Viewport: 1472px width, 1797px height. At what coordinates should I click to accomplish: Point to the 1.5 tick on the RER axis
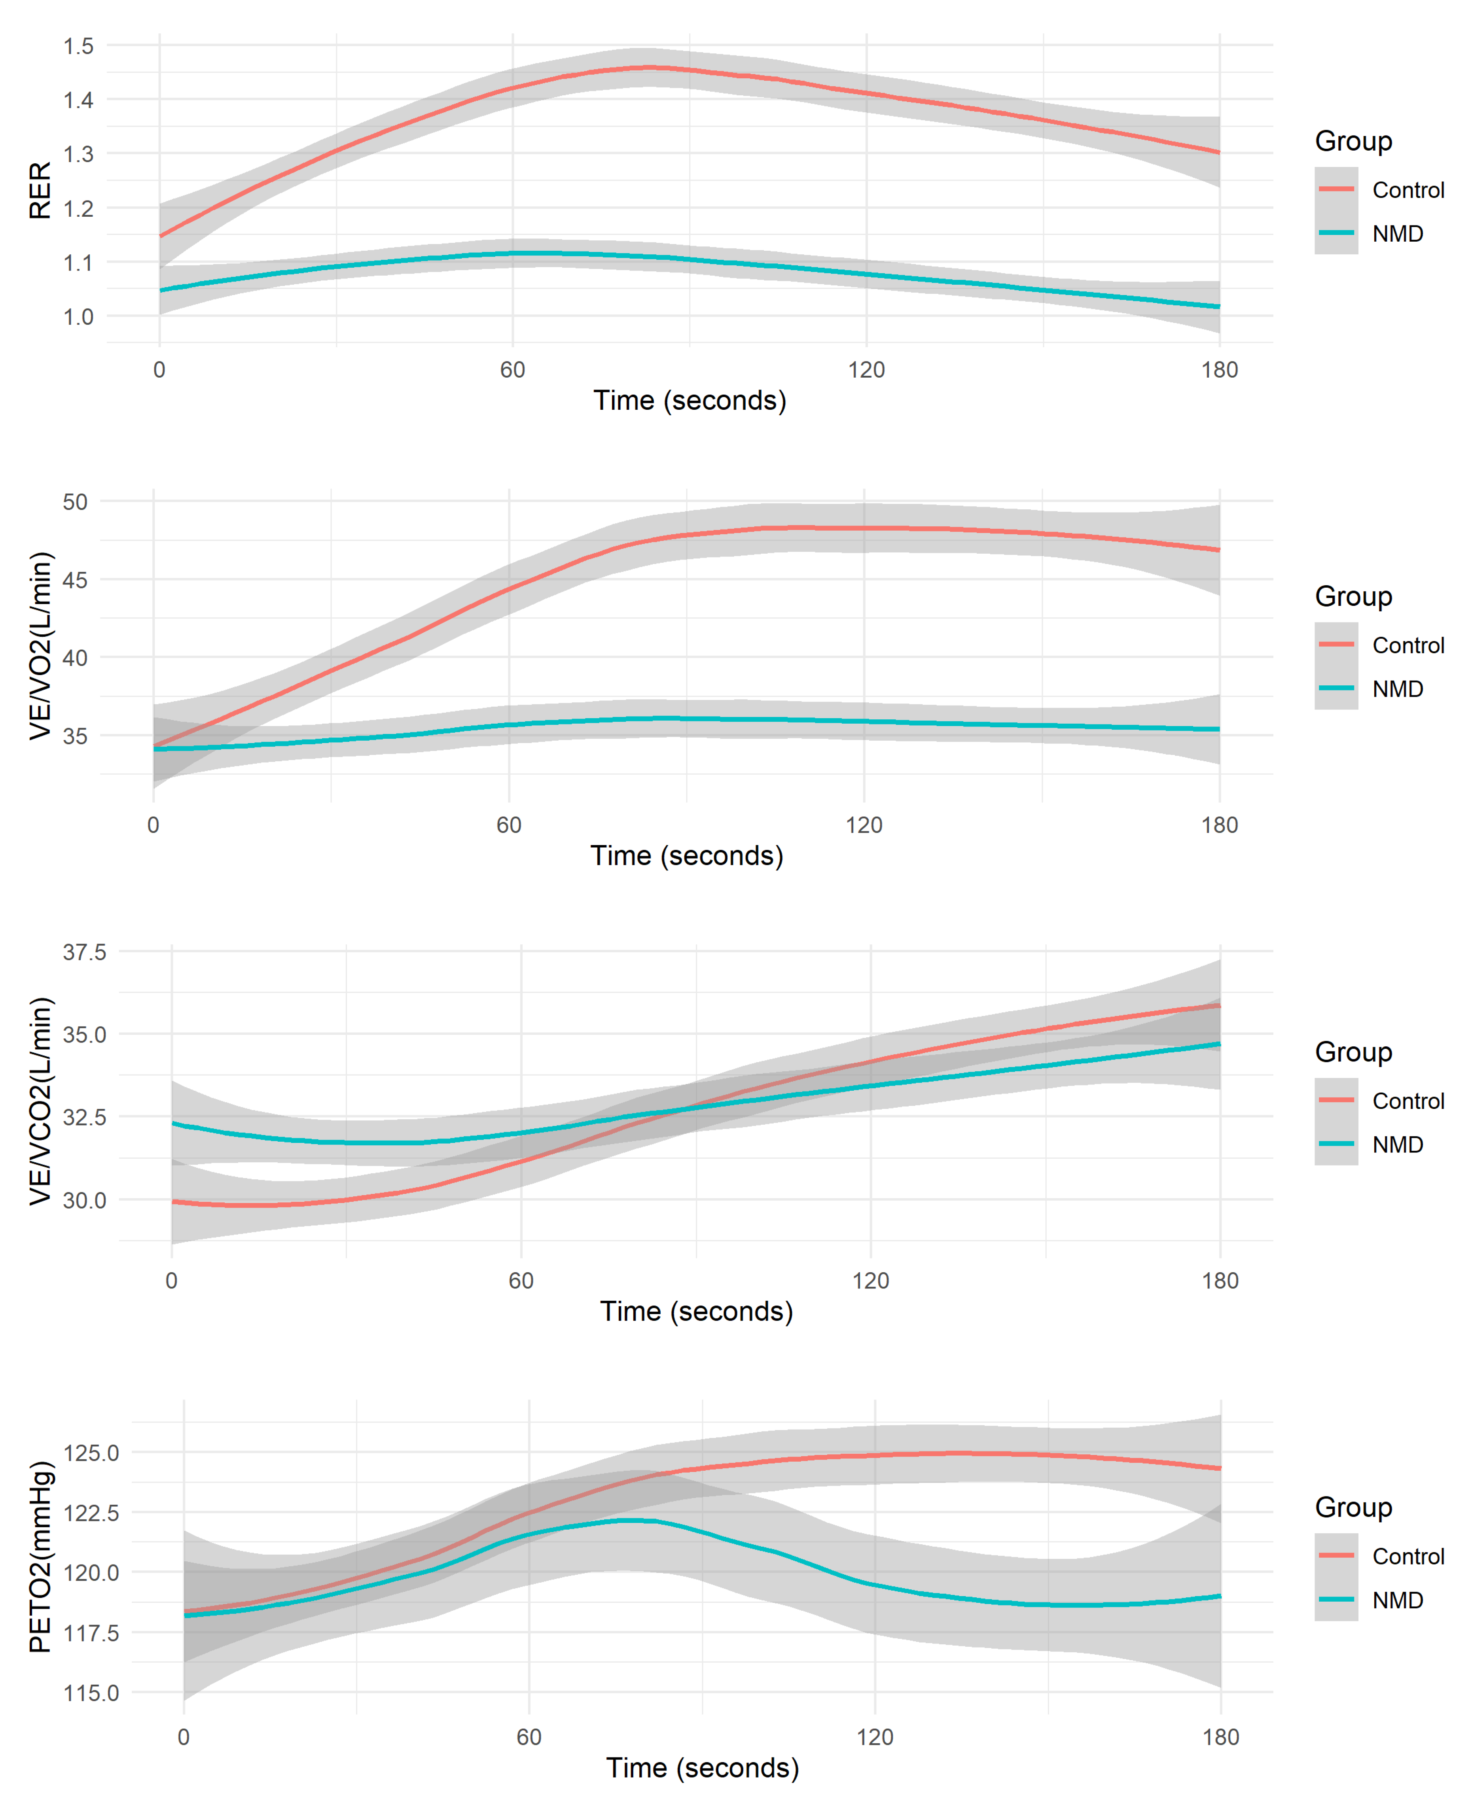(x=78, y=46)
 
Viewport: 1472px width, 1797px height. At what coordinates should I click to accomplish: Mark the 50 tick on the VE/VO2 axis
(x=75, y=502)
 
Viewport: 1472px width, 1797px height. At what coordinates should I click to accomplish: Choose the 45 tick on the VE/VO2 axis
(x=75, y=581)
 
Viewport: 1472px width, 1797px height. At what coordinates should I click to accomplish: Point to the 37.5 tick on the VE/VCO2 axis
(x=84, y=952)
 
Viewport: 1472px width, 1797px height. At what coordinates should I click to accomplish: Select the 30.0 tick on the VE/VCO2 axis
(x=84, y=1200)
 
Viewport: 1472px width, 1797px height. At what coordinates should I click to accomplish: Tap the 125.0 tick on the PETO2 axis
(x=91, y=1453)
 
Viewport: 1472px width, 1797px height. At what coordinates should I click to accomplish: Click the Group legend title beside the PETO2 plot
(x=1353, y=1507)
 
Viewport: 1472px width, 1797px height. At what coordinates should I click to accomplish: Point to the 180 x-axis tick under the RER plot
(x=1219, y=371)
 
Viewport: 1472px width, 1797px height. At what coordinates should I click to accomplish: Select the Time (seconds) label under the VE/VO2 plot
(x=687, y=856)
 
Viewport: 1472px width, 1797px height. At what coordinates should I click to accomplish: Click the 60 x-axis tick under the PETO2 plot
(x=529, y=1738)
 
